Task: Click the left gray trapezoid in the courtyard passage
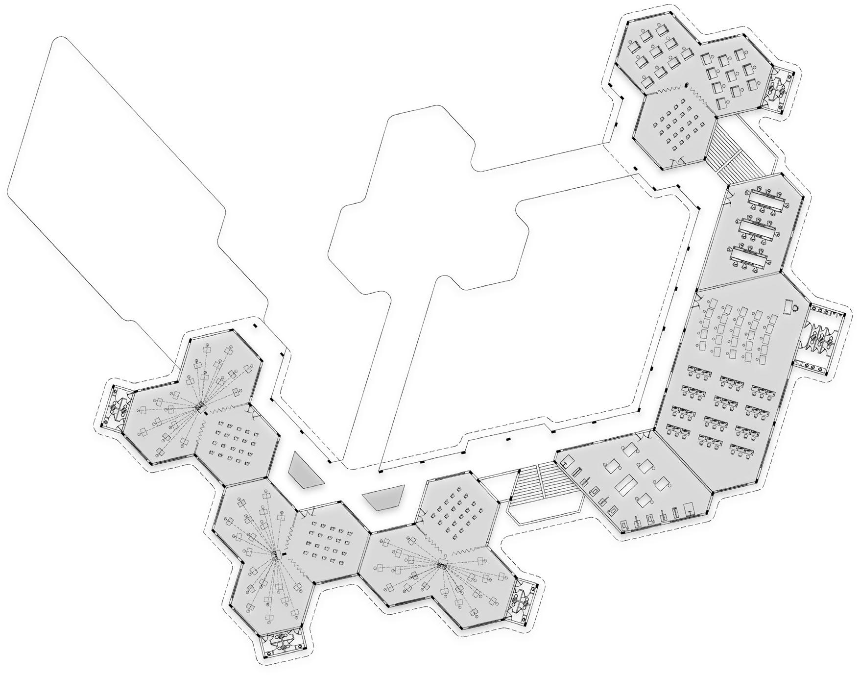tap(305, 471)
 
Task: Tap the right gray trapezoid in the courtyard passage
tap(383, 498)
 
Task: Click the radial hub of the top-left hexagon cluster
tap(199, 406)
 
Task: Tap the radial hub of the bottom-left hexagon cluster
tap(276, 555)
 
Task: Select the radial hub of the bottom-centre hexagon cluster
tap(442, 565)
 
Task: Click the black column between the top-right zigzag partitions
tap(687, 85)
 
